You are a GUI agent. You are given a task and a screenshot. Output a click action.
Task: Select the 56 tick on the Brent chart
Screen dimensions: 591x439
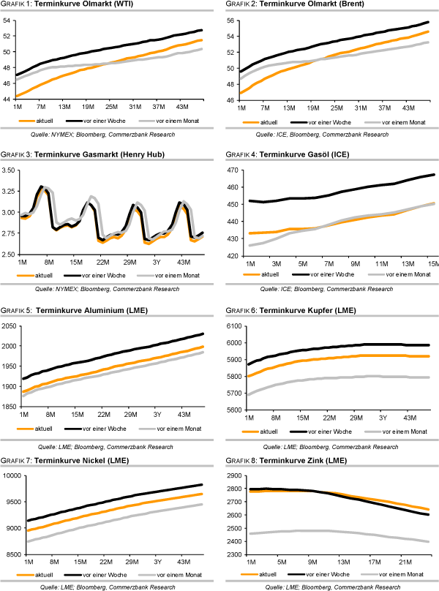230,20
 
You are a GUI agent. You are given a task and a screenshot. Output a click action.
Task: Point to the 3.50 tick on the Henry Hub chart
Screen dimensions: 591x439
9,170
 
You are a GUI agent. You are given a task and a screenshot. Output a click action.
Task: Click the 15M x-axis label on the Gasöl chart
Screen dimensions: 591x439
432,263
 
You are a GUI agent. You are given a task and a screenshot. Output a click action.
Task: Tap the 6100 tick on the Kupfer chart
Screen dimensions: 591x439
230,326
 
